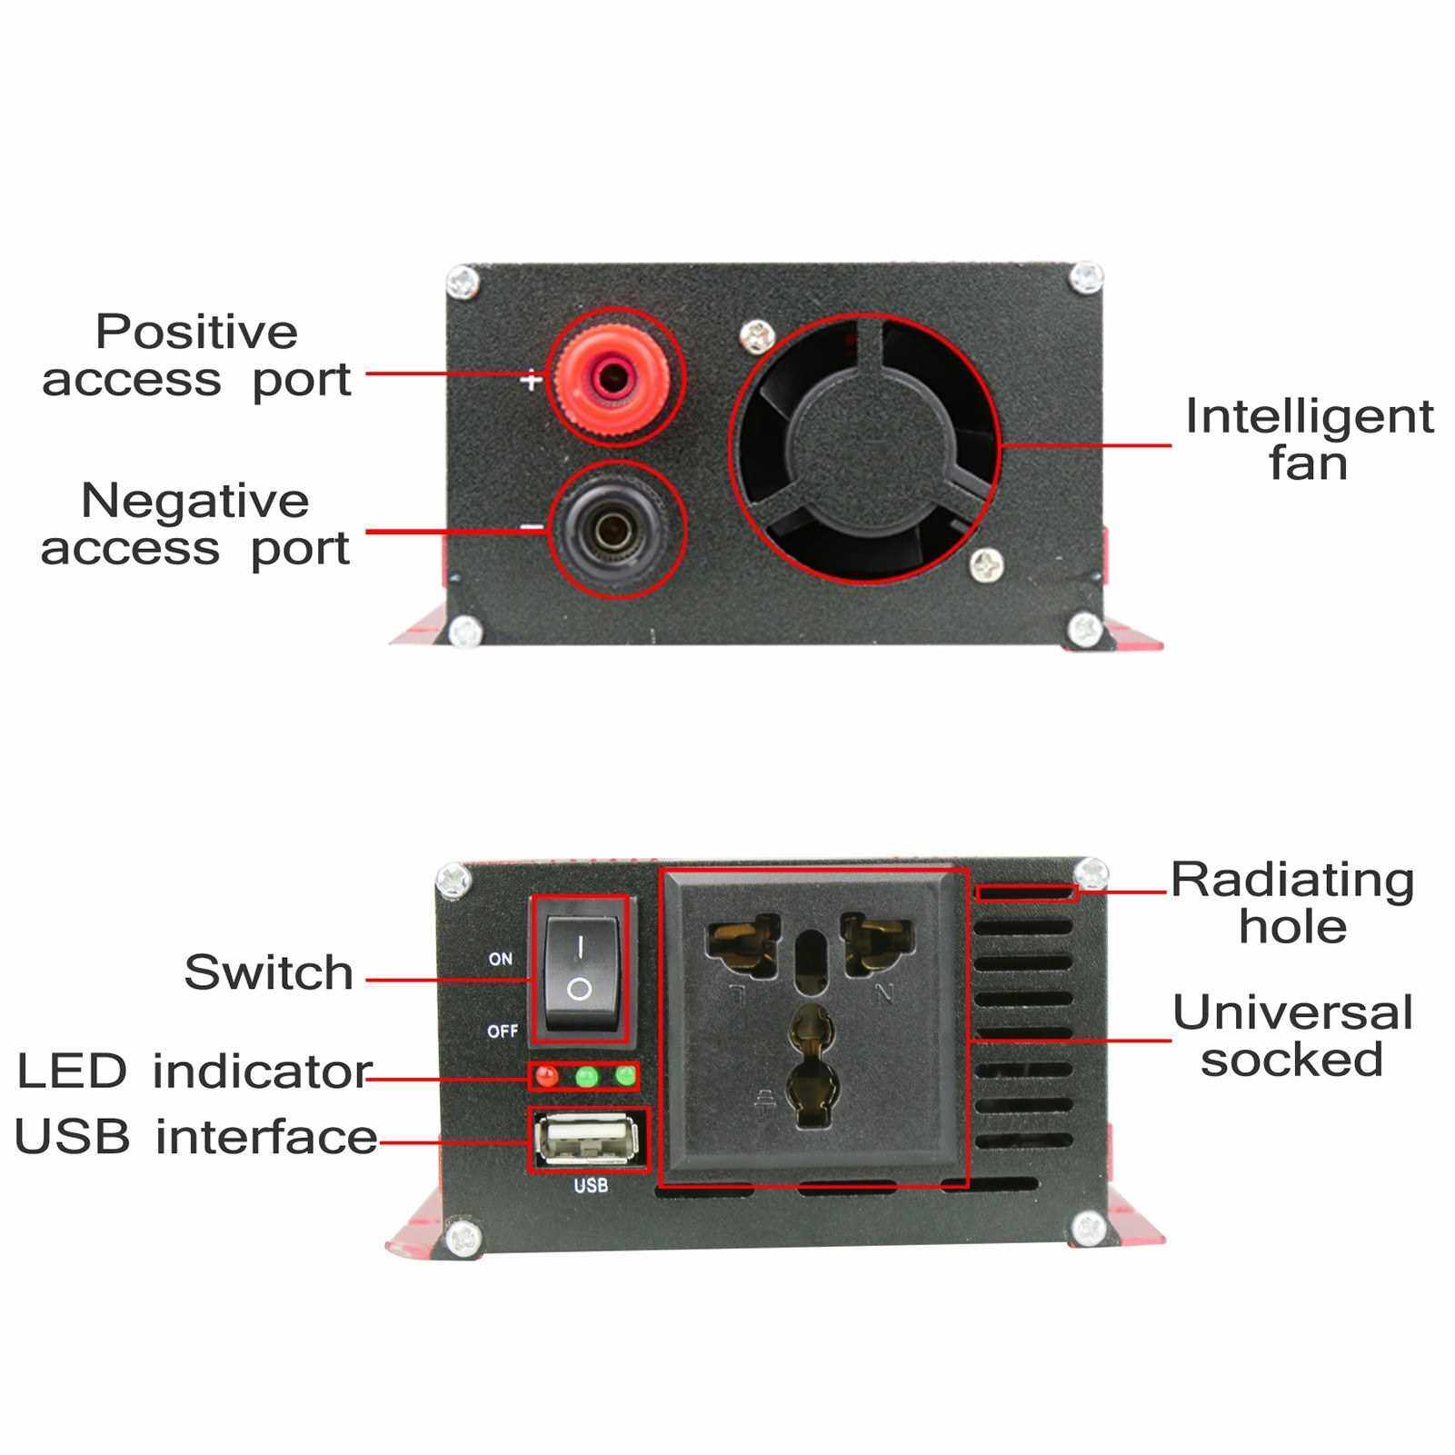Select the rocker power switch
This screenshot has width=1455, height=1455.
coord(580,970)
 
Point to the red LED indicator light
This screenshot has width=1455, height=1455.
coord(546,1076)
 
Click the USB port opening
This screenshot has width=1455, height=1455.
coord(588,1139)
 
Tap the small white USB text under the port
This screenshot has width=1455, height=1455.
coord(591,1186)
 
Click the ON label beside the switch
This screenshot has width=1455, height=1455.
coord(501,959)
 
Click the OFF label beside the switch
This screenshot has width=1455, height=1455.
coord(503,1031)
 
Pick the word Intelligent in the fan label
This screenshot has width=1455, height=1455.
coord(1310,417)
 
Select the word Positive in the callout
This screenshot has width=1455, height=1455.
coord(196,332)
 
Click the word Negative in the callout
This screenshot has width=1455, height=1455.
coord(195,501)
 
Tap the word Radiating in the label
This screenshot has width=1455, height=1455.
coord(1292,880)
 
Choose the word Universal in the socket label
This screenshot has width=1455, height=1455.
coord(1292,1012)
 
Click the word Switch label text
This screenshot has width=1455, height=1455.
coord(269,972)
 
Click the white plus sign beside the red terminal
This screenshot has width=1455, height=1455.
coord(531,380)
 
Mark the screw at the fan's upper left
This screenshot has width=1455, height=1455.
coord(756,337)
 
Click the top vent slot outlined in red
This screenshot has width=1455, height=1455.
coord(1026,893)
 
